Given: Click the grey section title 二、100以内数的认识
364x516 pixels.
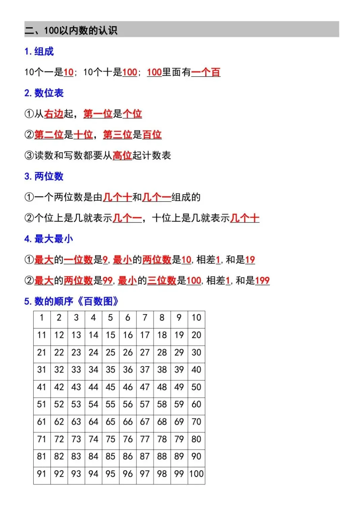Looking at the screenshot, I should point(71,30).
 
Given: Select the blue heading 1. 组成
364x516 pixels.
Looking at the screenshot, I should point(39,51).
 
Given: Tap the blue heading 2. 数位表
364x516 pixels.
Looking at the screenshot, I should point(44,93).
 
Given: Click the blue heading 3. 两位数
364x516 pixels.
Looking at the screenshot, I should point(44,176).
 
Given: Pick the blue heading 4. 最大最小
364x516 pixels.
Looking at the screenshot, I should point(49,239).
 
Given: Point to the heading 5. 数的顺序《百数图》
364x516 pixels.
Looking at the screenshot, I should point(71,301).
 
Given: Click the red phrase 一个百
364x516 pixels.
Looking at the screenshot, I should point(206,72).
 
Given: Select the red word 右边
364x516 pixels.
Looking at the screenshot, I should point(54,114).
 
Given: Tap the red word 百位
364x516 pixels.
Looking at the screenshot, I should point(152,135).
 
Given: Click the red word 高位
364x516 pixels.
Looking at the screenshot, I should point(122,155).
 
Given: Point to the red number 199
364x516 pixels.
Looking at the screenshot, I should point(262,280).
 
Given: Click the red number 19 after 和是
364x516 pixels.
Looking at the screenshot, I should point(250,259).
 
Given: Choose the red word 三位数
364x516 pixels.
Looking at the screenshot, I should point(162,280).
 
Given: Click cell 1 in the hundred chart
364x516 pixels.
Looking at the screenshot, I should point(42,318).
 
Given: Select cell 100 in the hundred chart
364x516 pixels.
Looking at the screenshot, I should point(196,474).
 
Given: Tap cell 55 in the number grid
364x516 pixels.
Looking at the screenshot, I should point(110,404).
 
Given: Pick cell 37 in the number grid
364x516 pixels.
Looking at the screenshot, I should point(145,369).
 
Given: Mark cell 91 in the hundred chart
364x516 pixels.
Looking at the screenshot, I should point(42,474).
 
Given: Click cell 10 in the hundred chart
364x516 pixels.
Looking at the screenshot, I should point(196,318).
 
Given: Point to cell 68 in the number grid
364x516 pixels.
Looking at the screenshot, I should point(162,422).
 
